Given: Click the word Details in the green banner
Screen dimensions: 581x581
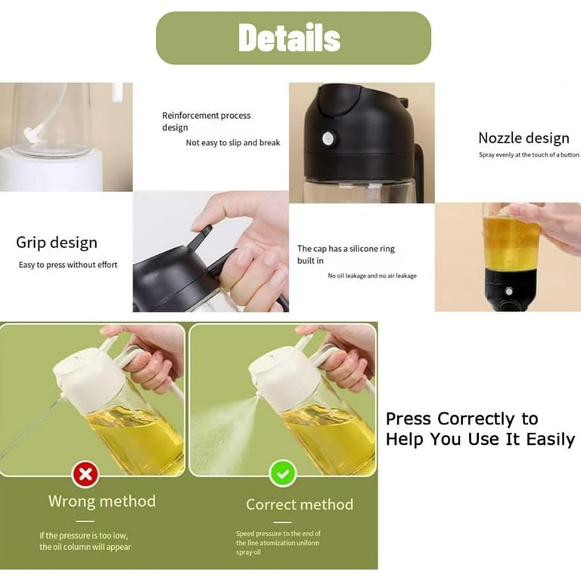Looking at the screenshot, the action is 290,37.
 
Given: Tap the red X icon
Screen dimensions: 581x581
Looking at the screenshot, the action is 85,474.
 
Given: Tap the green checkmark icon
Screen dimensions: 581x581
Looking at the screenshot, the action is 283,473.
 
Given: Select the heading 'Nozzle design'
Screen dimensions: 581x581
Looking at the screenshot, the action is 524,138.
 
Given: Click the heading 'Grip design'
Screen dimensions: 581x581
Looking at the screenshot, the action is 57,243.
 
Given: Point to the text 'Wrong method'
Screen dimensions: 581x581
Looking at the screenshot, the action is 102,501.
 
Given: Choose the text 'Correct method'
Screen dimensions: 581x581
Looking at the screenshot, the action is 300,505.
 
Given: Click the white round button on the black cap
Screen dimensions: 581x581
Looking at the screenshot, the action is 328,138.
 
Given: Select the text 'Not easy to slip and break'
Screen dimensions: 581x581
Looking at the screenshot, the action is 233,143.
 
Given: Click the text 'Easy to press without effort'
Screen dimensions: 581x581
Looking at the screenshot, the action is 68,265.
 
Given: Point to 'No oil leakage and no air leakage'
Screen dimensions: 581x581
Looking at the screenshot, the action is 372,275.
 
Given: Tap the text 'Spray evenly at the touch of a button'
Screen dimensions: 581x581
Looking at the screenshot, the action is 529,155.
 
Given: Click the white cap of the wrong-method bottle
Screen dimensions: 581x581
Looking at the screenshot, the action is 89,377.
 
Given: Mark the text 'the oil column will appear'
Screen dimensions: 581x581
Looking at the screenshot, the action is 85,547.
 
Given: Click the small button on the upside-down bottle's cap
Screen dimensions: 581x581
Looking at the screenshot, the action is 509,291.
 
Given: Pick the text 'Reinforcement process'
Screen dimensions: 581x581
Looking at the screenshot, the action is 206,116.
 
